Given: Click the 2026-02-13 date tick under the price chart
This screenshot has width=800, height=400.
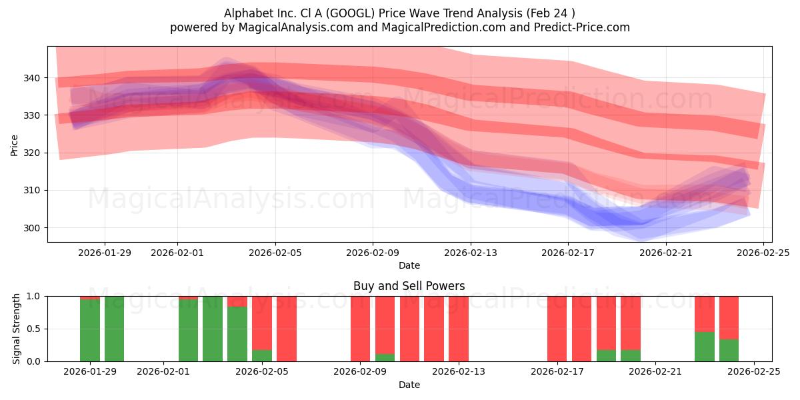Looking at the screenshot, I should pyautogui.click(x=471, y=253).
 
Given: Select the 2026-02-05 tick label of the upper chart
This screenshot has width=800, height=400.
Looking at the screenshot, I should pyautogui.click(x=275, y=253).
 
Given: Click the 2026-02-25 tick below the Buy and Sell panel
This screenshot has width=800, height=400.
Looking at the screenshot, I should pyautogui.click(x=753, y=372).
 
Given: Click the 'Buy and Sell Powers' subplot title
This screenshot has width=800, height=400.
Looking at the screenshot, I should pyautogui.click(x=409, y=287).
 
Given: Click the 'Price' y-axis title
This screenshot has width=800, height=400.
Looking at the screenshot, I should pyautogui.click(x=15, y=144).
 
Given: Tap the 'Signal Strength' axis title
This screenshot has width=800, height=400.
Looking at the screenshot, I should pyautogui.click(x=17, y=329).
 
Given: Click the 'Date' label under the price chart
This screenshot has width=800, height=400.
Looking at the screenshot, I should pyautogui.click(x=409, y=265).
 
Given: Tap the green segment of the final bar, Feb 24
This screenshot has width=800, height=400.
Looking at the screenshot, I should pyautogui.click(x=729, y=351).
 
